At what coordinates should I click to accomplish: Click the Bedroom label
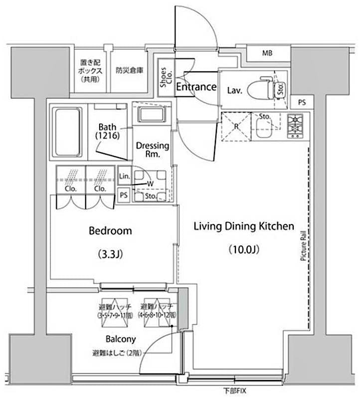[110, 231]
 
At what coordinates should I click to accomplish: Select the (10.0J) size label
[243, 248]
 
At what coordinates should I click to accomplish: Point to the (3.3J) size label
[110, 254]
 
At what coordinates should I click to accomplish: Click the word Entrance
[196, 87]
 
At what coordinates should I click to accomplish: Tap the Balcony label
[120, 339]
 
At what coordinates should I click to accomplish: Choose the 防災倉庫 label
[130, 70]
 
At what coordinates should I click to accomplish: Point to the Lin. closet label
[124, 177]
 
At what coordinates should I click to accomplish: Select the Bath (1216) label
[108, 131]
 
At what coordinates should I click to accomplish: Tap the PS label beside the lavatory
[302, 102]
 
